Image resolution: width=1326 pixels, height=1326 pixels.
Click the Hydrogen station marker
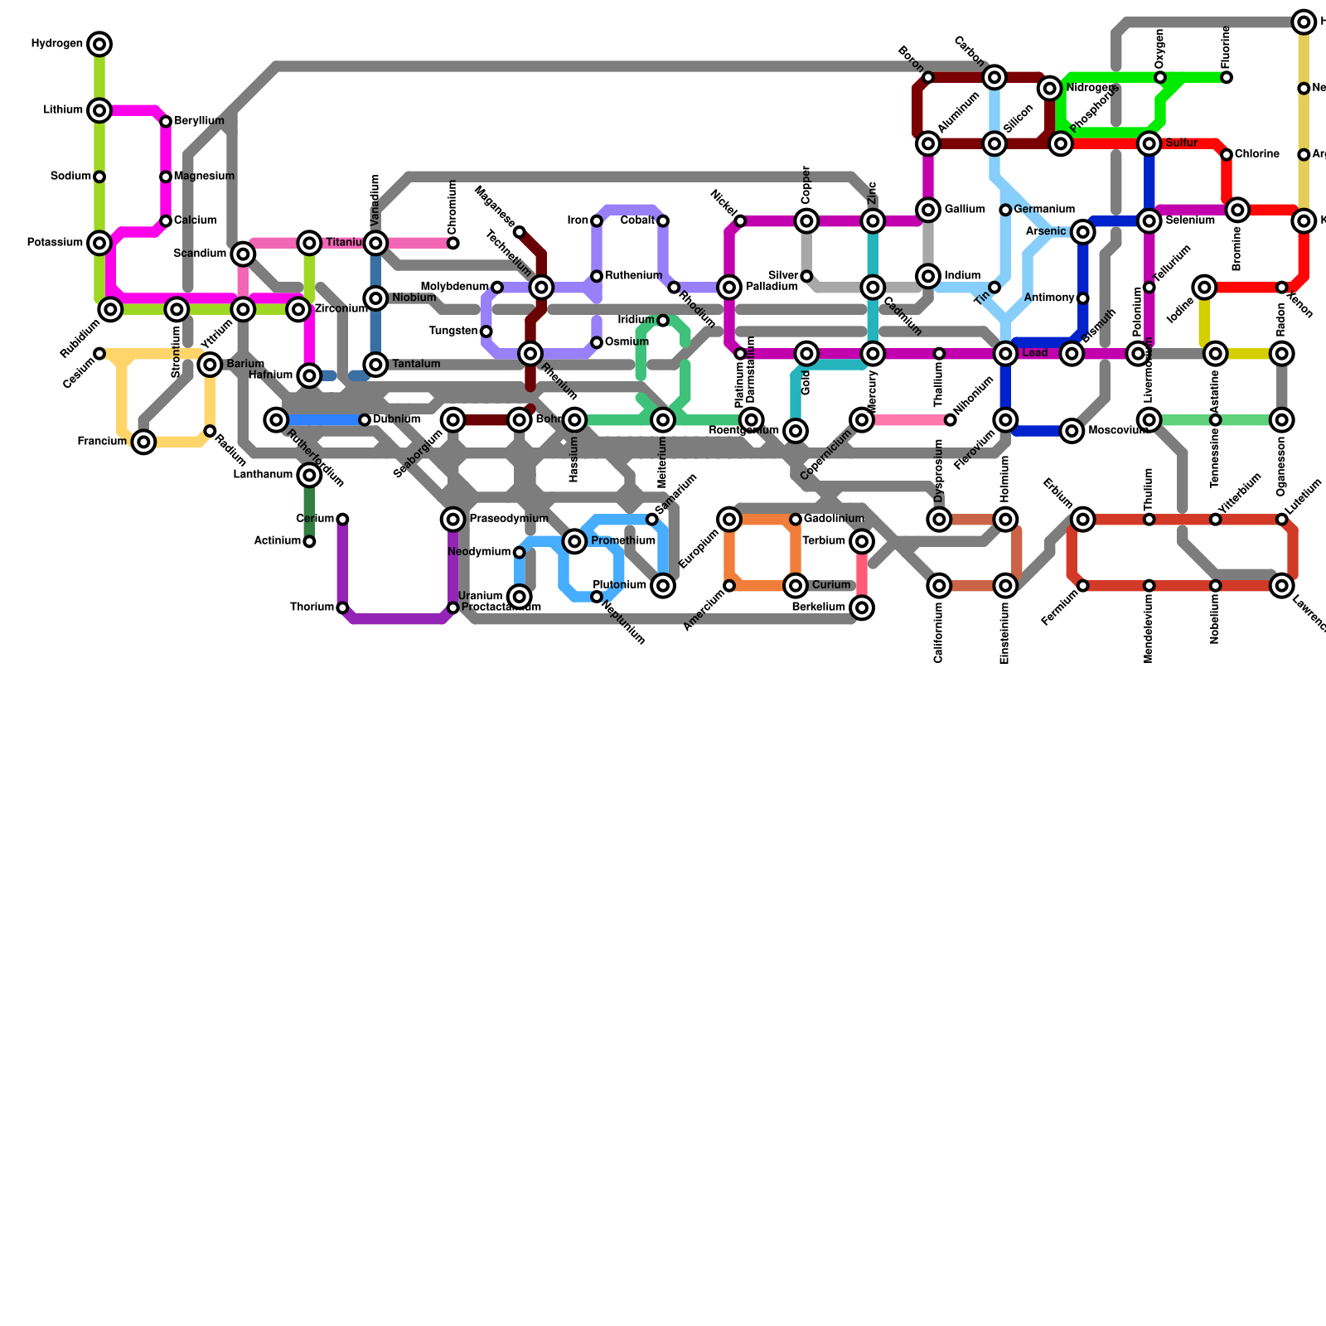(x=99, y=44)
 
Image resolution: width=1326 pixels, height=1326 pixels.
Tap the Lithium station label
(x=63, y=110)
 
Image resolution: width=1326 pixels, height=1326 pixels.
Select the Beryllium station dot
(x=166, y=122)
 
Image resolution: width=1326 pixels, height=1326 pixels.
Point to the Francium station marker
(x=144, y=443)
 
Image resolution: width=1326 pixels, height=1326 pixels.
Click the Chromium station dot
(x=453, y=243)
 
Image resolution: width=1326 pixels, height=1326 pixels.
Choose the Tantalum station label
(x=416, y=365)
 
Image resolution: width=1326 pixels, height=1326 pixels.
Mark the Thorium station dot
(x=342, y=608)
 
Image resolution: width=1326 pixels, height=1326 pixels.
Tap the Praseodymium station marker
(x=453, y=520)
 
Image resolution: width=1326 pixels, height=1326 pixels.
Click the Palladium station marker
(x=729, y=288)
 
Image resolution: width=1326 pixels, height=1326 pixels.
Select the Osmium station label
(x=627, y=342)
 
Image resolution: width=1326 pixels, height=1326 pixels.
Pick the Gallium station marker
(x=928, y=210)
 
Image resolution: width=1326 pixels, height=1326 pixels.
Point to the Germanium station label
(x=1043, y=210)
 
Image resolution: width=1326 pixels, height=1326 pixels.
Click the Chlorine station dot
(x=1227, y=155)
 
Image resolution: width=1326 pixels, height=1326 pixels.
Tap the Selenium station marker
(x=1149, y=220)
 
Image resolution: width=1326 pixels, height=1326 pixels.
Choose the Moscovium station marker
(x=1072, y=431)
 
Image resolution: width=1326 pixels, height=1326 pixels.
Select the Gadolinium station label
(x=834, y=520)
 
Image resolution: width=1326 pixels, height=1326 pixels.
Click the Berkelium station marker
(x=862, y=608)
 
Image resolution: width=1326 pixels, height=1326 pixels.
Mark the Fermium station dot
(x=1083, y=586)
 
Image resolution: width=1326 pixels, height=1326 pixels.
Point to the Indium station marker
(x=928, y=276)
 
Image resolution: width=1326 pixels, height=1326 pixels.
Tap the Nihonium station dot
(x=951, y=420)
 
